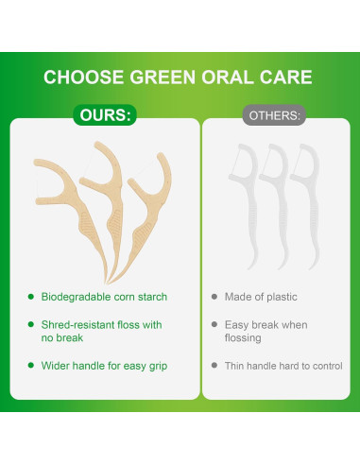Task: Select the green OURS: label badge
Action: [x=106, y=116]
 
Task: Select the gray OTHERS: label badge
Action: [x=274, y=116]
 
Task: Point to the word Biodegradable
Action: [x=74, y=297]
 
